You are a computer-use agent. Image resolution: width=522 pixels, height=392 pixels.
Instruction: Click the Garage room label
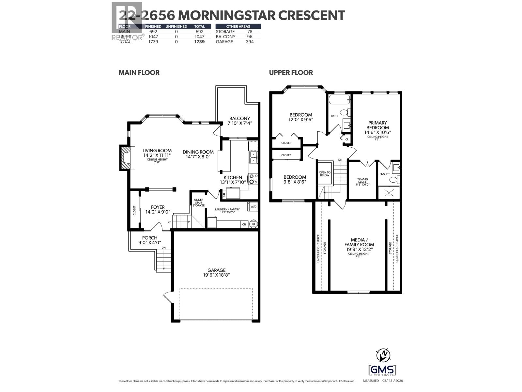(217, 272)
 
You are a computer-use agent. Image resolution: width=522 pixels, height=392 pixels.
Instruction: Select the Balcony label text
(239, 121)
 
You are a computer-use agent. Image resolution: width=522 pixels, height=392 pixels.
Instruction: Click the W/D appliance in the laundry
(253, 207)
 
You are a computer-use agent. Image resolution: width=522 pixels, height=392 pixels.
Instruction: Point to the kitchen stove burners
(253, 179)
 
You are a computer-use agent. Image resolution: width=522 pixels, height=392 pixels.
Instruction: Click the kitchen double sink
(253, 157)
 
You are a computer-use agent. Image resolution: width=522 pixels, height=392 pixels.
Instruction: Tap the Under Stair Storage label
(198, 203)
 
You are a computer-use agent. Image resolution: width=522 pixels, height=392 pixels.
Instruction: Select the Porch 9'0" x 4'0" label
(150, 240)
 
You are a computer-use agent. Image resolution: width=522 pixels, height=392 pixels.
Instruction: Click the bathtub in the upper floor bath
(339, 100)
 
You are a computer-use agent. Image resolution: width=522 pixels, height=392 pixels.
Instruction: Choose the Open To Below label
(325, 174)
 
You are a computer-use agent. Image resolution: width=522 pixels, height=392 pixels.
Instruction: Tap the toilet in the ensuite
(394, 179)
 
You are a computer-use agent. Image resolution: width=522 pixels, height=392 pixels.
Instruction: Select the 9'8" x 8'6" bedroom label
(295, 179)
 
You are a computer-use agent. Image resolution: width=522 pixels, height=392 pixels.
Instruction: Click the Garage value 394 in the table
(249, 41)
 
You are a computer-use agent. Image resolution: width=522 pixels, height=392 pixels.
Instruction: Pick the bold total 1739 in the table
(199, 41)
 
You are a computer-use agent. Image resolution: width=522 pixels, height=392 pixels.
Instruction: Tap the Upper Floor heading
(291, 73)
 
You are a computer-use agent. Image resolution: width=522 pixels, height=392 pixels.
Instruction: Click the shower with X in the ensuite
(389, 192)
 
